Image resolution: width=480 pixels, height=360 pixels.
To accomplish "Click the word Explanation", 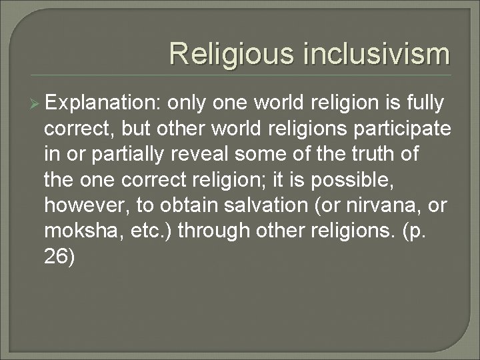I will tap(103, 104).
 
